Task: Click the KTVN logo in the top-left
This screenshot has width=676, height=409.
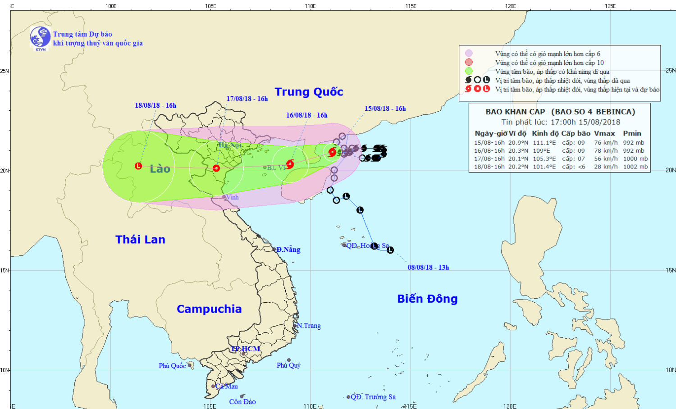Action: coord(40,37)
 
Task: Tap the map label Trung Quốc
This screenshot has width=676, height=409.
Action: coord(309,92)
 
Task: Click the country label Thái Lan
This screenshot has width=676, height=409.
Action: coord(140,240)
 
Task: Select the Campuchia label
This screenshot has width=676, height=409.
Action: coord(209,309)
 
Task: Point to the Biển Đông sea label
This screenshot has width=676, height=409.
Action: coord(427,299)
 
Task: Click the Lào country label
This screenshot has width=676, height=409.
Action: coord(160,169)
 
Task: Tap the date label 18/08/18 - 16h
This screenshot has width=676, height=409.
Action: coord(155,105)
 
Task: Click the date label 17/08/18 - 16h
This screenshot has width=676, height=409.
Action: coord(247,99)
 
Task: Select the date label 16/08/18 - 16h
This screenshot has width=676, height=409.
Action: coord(306,115)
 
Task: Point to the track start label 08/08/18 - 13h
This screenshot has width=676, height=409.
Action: coord(428,268)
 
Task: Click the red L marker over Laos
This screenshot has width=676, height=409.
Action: coord(138,166)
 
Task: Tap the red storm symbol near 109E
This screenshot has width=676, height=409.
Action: coord(290,164)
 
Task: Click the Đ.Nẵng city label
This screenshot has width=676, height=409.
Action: coord(288,250)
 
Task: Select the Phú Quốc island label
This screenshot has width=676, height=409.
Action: coord(172,366)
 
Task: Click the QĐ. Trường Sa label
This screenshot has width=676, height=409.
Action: coord(373,397)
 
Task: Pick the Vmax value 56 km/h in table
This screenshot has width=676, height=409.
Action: coord(606,159)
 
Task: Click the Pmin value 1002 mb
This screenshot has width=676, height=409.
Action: coord(635,167)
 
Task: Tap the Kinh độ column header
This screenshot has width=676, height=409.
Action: coord(545,133)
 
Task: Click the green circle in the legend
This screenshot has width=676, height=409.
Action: coord(469,71)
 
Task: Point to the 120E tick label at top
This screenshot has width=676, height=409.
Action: coord(510,6)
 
